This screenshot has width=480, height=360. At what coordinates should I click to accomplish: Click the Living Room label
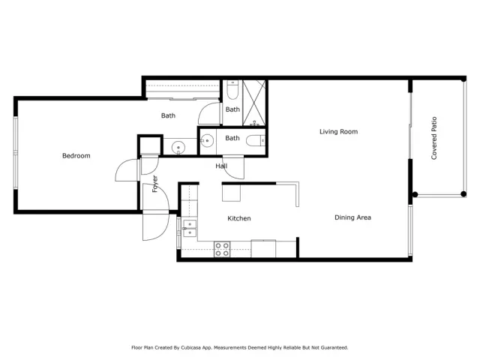338,132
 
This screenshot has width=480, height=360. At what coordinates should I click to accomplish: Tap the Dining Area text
352,217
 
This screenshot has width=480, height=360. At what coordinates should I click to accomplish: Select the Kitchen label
239,218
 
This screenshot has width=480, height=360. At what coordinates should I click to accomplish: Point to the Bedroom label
76,156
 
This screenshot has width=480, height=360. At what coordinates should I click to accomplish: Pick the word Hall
222,166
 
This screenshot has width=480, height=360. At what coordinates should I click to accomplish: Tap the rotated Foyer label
155,184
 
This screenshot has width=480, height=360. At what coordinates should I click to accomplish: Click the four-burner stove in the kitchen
222,249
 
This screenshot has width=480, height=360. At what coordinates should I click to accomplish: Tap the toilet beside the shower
232,91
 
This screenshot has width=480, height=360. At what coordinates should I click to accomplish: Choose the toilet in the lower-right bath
255,139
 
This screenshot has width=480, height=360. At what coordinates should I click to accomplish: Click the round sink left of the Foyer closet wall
178,146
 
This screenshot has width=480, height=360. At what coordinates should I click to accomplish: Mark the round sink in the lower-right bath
207,139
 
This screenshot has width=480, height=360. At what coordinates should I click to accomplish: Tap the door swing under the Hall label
232,169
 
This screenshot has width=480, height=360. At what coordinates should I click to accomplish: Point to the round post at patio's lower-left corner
414,195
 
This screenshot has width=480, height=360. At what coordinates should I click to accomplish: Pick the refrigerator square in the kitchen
231,192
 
